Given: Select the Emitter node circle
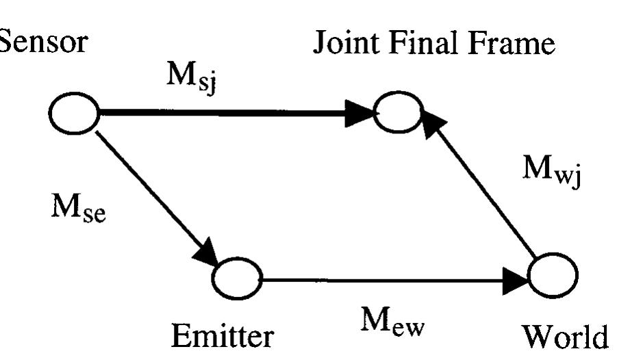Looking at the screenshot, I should (x=237, y=278).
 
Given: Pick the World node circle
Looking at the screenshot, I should (x=553, y=275).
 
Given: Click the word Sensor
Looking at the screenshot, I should (x=43, y=43).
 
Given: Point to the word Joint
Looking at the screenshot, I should (x=339, y=46).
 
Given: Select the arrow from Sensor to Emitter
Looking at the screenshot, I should (x=154, y=192).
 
